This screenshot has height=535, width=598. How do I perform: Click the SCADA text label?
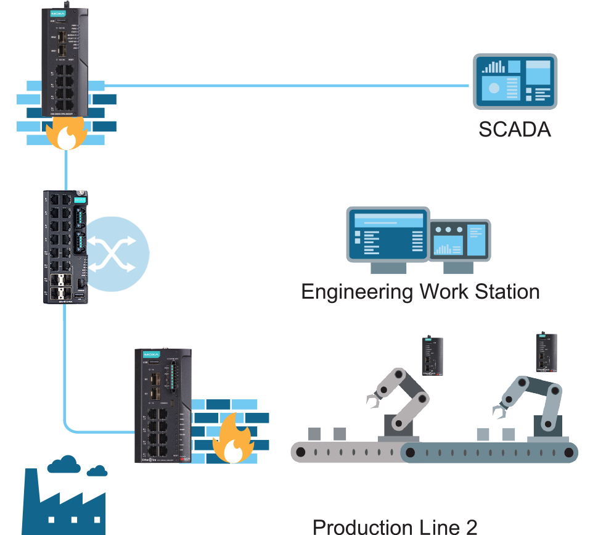[514, 130]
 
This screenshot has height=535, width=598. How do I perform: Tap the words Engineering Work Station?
[420, 291]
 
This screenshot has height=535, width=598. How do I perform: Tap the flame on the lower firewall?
[232, 439]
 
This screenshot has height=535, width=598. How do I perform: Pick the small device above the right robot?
[546, 352]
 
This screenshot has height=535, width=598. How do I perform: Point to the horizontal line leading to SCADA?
[284, 86]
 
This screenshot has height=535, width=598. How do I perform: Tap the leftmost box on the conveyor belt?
[314, 434]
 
